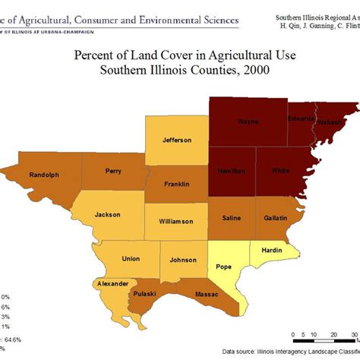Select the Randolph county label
point(44,175)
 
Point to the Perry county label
point(113,171)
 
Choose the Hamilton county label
point(232,172)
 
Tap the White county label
point(280,172)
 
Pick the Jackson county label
point(107,214)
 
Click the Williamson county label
point(175,221)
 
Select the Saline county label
point(231,218)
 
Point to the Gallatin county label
point(275,218)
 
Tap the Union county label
point(130,259)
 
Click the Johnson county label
point(183,260)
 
